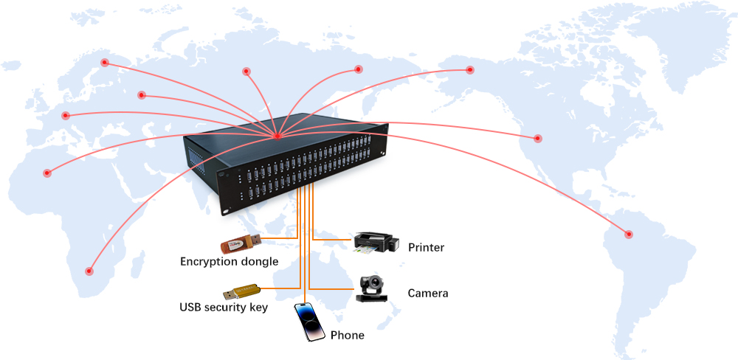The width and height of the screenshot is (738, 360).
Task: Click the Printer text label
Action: tap(426, 248)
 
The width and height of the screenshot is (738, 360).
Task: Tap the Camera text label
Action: tap(427, 294)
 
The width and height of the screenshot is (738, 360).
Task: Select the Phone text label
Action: tap(347, 336)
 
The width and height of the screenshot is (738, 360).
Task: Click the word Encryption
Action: tap(208, 262)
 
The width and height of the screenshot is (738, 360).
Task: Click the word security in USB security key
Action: tap(223, 307)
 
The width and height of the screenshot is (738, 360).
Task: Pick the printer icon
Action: tap(375, 241)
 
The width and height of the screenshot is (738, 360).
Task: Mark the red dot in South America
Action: tap(629, 235)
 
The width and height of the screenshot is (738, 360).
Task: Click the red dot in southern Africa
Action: tap(90, 271)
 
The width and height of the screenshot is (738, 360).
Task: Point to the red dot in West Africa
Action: tap(47, 173)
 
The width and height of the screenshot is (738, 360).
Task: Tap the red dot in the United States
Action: tap(538, 139)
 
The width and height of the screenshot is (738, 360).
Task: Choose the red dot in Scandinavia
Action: tap(105, 63)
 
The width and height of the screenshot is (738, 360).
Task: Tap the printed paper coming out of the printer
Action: tap(363, 251)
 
